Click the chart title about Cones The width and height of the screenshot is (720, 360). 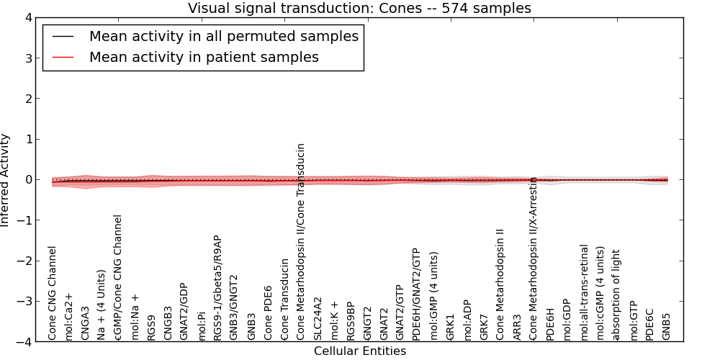tap(359, 9)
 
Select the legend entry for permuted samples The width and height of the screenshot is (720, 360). tap(223, 36)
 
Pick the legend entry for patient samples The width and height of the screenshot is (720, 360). tap(204, 57)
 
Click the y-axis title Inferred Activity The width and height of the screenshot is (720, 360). tap(6, 180)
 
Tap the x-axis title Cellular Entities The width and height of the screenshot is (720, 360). tap(359, 351)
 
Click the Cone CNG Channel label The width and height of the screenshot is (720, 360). tap(52, 293)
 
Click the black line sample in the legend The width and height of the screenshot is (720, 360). tap(63, 37)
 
